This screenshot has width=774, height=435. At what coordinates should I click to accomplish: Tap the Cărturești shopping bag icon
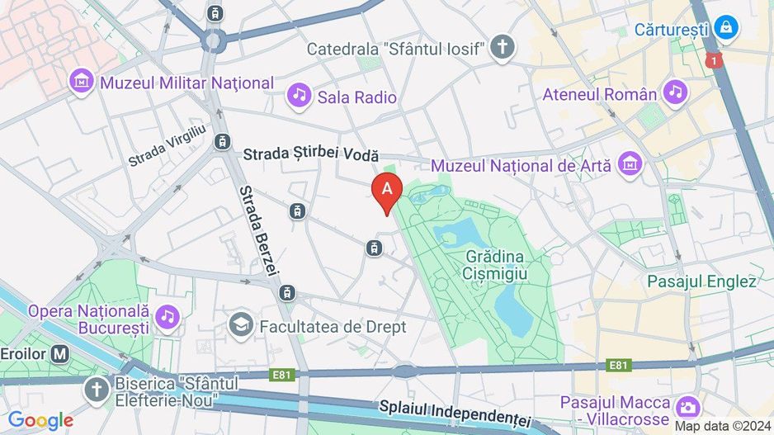(726, 28)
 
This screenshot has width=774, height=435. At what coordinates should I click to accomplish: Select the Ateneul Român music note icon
(676, 93)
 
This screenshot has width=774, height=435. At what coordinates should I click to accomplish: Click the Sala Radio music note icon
(299, 97)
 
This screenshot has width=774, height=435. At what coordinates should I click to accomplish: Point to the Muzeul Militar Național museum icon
(82, 82)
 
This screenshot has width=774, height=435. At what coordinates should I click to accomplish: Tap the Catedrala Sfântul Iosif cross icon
(502, 48)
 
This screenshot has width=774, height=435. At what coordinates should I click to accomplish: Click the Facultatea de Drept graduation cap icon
(242, 326)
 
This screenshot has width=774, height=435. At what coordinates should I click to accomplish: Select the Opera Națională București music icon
(168, 314)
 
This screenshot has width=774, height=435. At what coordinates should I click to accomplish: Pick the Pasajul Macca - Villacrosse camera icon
(686, 407)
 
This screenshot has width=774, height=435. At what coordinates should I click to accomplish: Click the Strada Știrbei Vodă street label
(311, 154)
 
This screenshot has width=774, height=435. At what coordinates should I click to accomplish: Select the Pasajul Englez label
(701, 281)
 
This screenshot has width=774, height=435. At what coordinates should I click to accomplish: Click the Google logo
(40, 420)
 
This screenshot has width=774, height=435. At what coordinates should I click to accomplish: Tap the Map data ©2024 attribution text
(723, 426)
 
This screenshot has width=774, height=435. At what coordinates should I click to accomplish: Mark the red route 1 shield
(714, 60)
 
